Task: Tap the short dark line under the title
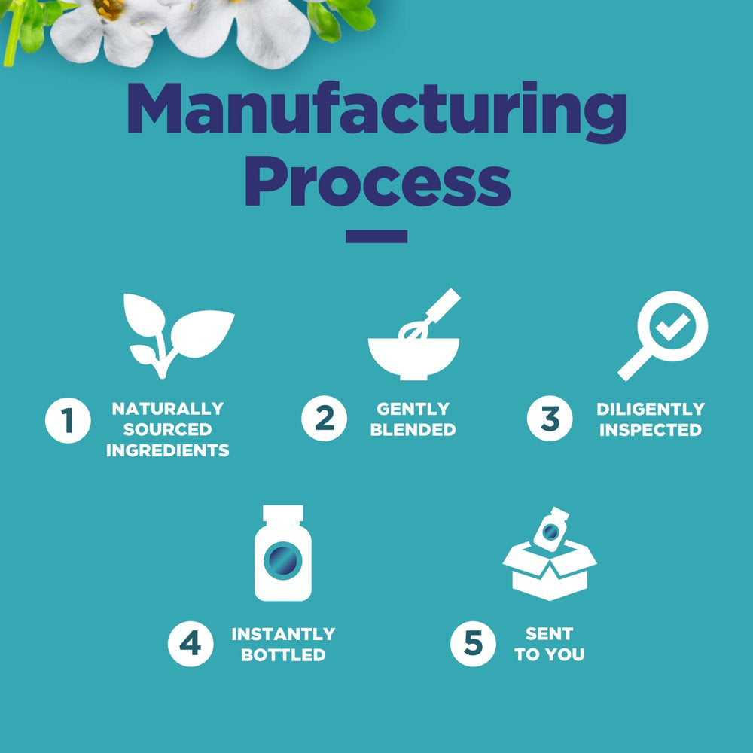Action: coord(376,236)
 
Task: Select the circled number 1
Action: coord(68,419)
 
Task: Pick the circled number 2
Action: coord(325,419)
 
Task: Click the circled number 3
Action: coord(550,419)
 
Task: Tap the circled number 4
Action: coord(191,644)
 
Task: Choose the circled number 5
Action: coord(473,644)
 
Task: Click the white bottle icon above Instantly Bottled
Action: coord(283,553)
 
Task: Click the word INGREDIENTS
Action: coord(168,451)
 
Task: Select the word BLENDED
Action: coord(413,431)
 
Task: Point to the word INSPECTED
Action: coord(651,431)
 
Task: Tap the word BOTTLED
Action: coord(283,655)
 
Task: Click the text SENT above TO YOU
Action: coord(550,633)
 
